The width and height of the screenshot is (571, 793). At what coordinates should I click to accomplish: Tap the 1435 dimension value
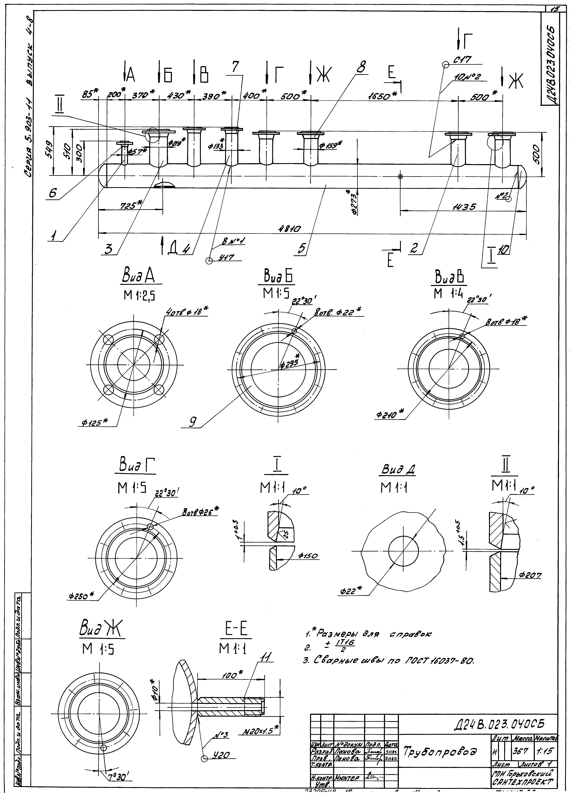click(x=464, y=207)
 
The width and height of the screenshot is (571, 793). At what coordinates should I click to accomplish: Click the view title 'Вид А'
click(x=138, y=278)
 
